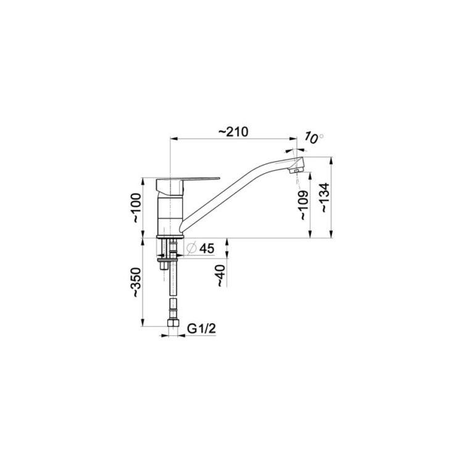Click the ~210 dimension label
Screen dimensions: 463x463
tap(233, 131)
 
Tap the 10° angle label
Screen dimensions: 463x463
tap(314, 138)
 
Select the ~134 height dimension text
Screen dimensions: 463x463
tap(325, 198)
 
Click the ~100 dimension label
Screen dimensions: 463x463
tap(136, 207)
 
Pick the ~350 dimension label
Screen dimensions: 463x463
tap(136, 282)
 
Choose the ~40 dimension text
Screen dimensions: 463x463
tap(220, 275)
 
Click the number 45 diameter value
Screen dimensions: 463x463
tap(207, 249)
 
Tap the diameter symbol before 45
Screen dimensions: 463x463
tap(191, 249)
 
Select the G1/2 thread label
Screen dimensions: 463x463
tap(202, 328)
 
